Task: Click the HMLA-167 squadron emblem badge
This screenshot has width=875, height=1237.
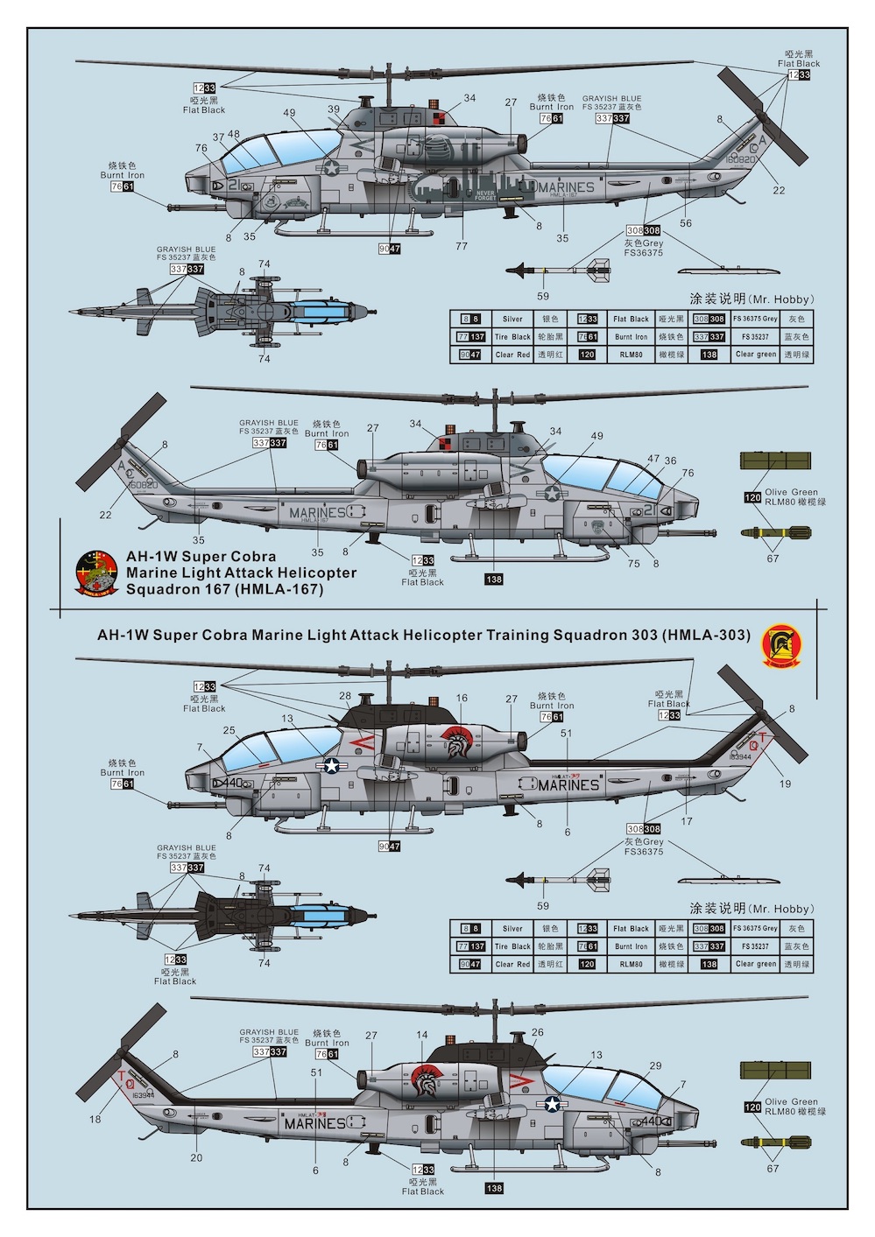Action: [x=96, y=573]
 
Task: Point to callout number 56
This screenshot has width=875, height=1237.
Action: [x=686, y=223]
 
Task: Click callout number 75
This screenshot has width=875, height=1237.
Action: [x=633, y=564]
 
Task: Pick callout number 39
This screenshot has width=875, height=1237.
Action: [x=334, y=109]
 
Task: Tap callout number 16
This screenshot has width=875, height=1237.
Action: [x=462, y=698]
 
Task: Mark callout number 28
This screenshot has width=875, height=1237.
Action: [x=345, y=696]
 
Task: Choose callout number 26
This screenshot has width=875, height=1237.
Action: [x=537, y=1032]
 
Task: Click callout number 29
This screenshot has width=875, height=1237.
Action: [x=655, y=1065]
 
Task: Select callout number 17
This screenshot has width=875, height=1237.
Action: [x=687, y=821]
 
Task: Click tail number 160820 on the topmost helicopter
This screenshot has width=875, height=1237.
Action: [x=740, y=160]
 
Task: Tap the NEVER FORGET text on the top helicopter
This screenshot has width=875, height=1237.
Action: [x=484, y=195]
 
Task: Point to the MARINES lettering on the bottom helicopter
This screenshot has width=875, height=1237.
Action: [x=314, y=1123]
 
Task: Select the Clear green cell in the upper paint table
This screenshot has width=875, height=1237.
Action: [x=756, y=355]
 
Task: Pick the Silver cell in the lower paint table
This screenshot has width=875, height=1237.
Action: [x=512, y=929]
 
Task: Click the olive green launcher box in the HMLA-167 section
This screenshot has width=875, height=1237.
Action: [x=775, y=460]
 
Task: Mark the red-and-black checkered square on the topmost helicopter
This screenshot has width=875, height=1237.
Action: [x=439, y=116]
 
